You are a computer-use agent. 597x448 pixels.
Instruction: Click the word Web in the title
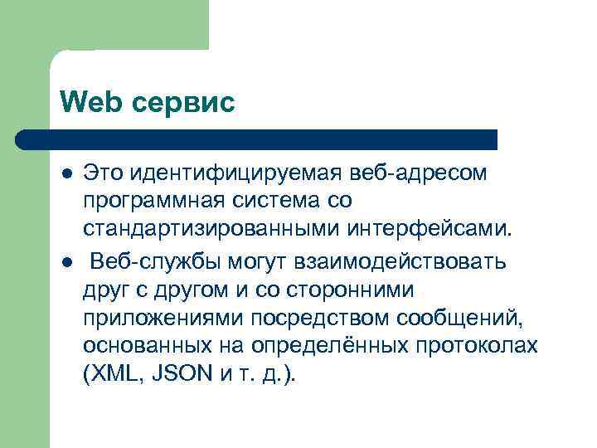(x=87, y=102)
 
